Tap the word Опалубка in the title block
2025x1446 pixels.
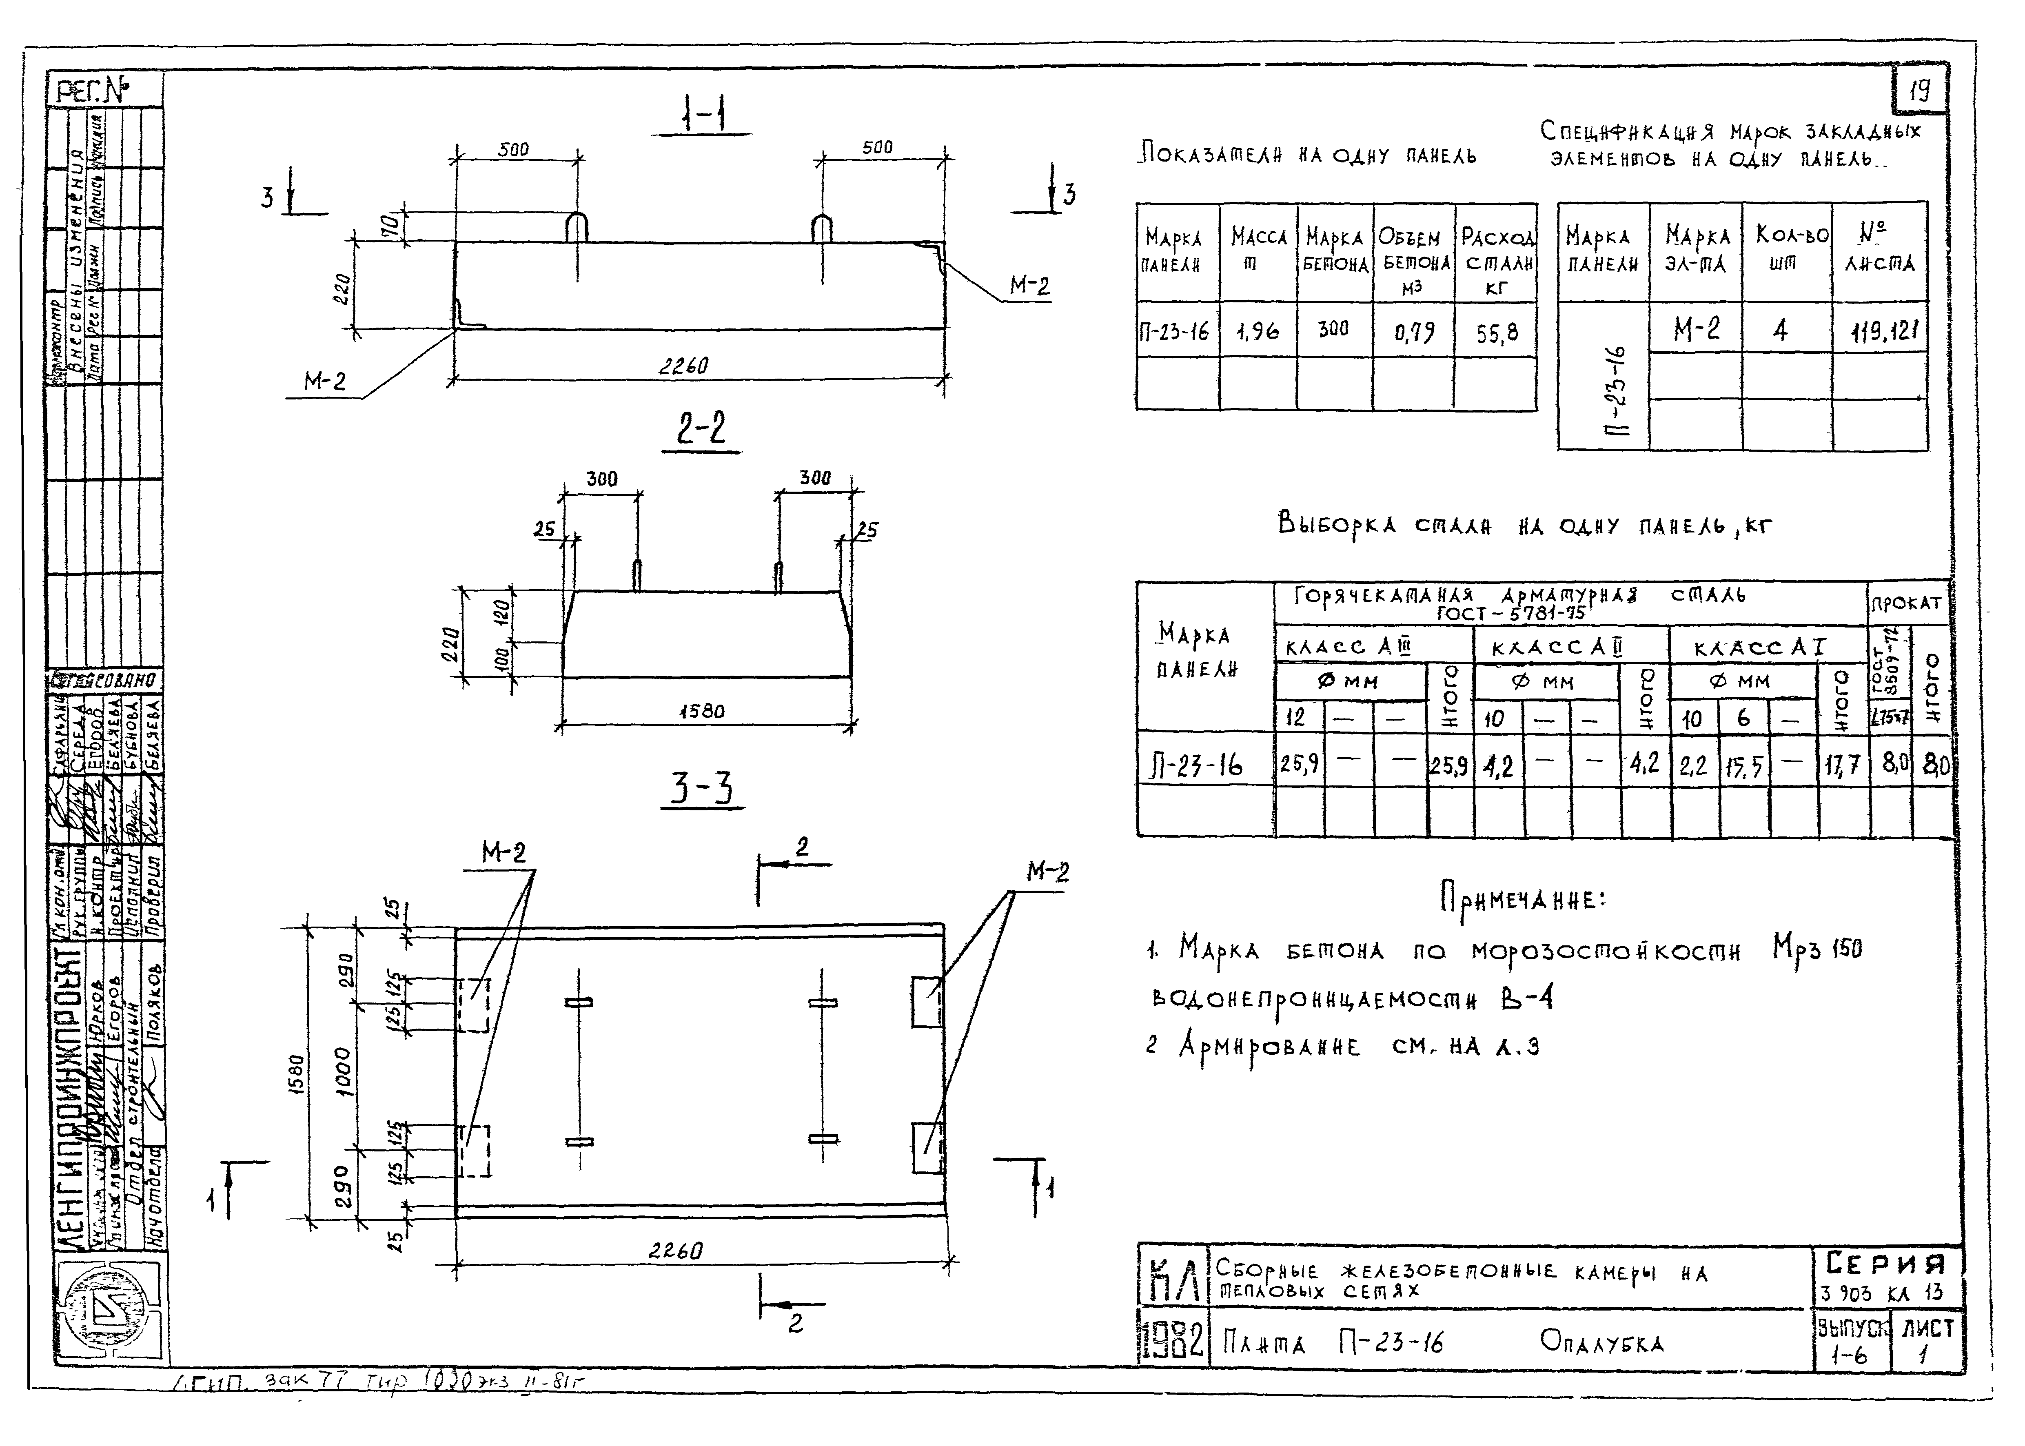tap(1601, 1343)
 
